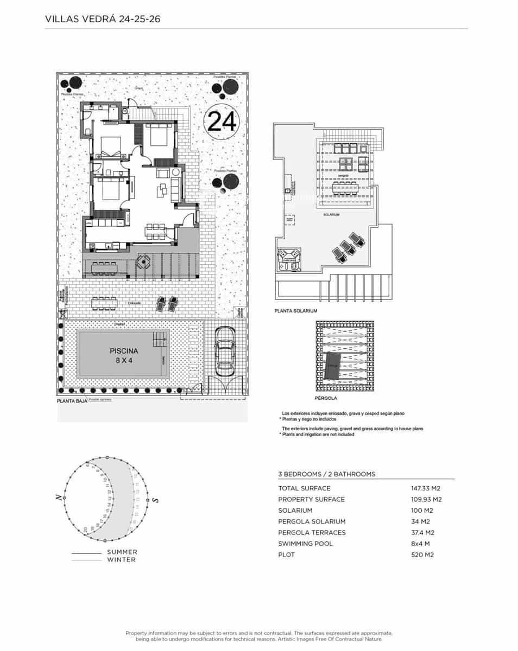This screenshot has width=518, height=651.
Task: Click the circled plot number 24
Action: point(222,121)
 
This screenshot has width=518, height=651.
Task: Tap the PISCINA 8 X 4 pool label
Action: point(124,355)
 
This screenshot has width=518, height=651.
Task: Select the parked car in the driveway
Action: point(225,352)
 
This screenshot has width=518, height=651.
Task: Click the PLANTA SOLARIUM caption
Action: point(296,311)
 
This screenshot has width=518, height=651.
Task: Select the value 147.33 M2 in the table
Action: point(426,488)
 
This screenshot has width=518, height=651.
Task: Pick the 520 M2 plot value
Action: point(423,554)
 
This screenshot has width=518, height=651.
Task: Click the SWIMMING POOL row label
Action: point(305,544)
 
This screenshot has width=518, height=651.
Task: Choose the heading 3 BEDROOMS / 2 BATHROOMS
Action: point(326,474)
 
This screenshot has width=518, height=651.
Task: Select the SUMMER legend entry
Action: point(122,552)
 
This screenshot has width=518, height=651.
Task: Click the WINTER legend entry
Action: point(121,559)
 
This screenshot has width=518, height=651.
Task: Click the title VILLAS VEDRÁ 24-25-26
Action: point(102,20)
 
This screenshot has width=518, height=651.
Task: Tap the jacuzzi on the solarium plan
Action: point(289,259)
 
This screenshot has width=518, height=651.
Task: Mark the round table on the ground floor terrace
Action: point(143,263)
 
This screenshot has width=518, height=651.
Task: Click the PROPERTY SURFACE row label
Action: point(311,500)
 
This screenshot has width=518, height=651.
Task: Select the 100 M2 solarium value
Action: point(421,510)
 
